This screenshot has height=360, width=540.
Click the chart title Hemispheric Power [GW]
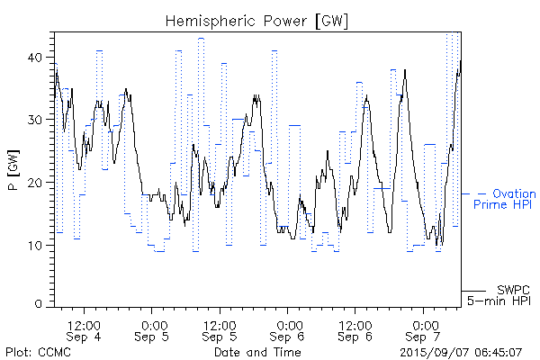(x=257, y=20)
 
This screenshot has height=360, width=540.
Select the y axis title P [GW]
(x=13, y=170)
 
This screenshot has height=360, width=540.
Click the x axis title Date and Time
(x=257, y=352)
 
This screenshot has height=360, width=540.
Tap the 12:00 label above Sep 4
(x=84, y=323)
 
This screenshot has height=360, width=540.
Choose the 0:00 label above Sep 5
(x=153, y=323)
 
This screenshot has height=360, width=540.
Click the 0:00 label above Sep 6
(x=289, y=323)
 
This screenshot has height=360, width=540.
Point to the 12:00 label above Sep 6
(x=356, y=323)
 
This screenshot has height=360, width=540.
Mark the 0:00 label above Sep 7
(x=425, y=323)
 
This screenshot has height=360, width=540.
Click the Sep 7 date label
(x=425, y=336)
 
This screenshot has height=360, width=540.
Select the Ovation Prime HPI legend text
(x=503, y=199)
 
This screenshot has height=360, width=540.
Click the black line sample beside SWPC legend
(x=473, y=290)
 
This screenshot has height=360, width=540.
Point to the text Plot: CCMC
(x=38, y=352)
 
